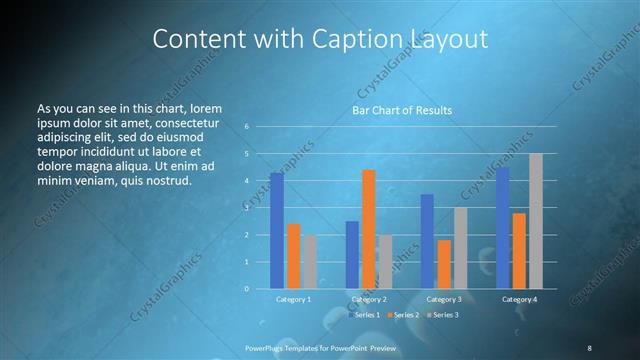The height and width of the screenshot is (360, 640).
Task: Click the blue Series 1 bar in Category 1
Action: pos(276,231)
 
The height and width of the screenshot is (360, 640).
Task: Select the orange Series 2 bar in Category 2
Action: pos(368,229)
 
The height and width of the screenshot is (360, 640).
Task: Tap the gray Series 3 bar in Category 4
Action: pos(536,221)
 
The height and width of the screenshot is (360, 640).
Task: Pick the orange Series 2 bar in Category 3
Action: pos(444,264)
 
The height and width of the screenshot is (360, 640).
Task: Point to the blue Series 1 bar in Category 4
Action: pos(502,228)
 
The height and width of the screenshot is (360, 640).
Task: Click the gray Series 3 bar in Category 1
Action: pos(310,262)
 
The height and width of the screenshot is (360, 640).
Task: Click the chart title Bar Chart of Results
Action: pos(401,110)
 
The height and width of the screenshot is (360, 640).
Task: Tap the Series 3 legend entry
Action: pos(442,315)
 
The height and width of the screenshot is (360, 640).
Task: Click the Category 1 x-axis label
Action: pos(293,299)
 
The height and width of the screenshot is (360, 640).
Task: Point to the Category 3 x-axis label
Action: pos(443,299)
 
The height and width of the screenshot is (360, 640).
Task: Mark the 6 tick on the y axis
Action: pos(247,127)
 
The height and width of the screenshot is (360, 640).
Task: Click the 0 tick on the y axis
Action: pos(247,288)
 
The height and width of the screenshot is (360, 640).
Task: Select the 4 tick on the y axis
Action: pos(247,181)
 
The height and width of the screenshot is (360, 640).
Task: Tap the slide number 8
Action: pos(589,347)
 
